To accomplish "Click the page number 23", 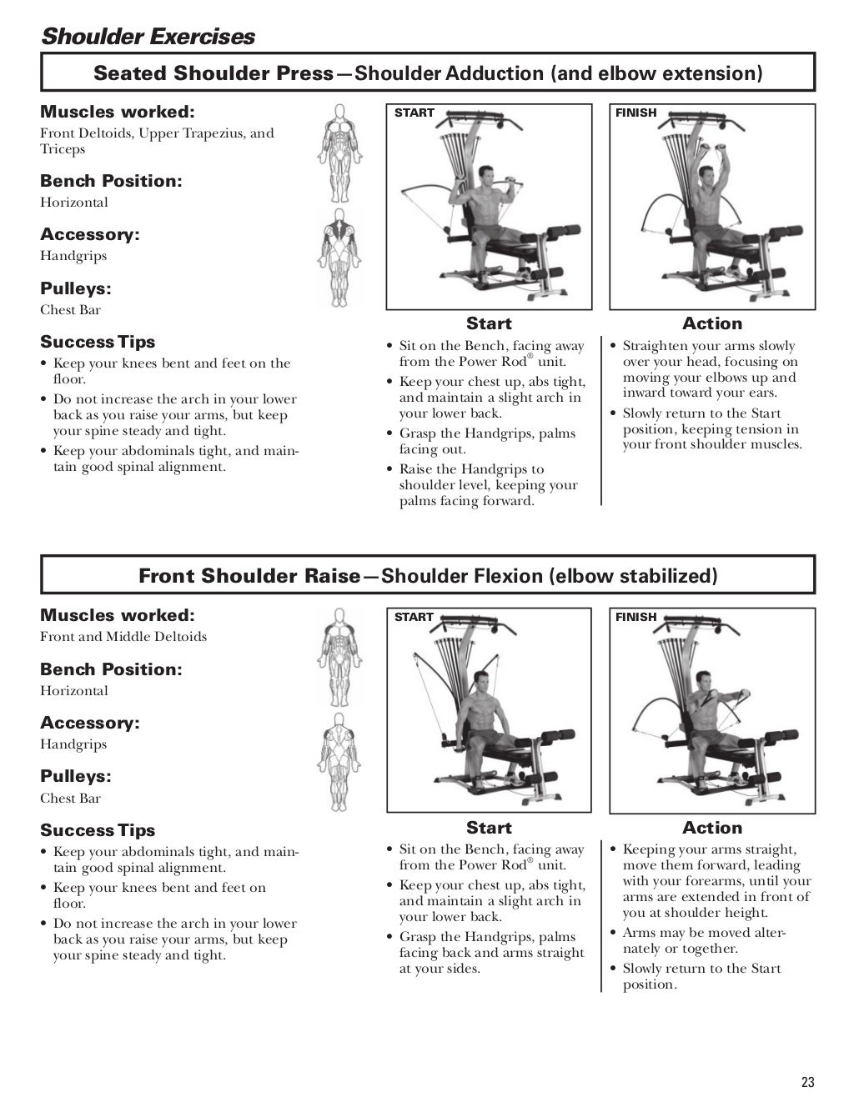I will coord(806,1083).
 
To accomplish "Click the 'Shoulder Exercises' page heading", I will coord(148,37).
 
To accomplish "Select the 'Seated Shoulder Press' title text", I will coord(213,73).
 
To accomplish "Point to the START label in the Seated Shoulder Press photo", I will coord(414,113).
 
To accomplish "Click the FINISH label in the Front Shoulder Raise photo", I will coord(636,617).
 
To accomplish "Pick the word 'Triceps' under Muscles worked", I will coord(63,150).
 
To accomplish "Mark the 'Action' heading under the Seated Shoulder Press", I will coord(711,323).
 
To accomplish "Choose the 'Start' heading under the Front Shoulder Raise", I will coord(489,828).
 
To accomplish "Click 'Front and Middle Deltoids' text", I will coord(123,637).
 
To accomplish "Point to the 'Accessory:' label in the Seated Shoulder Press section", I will coord(90,234).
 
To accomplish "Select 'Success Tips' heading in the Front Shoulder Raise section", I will coord(98,830).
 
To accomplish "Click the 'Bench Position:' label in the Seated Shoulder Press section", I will coord(111,181).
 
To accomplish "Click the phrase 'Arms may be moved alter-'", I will coord(704,933).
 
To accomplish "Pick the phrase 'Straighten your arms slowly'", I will coord(709,346).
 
